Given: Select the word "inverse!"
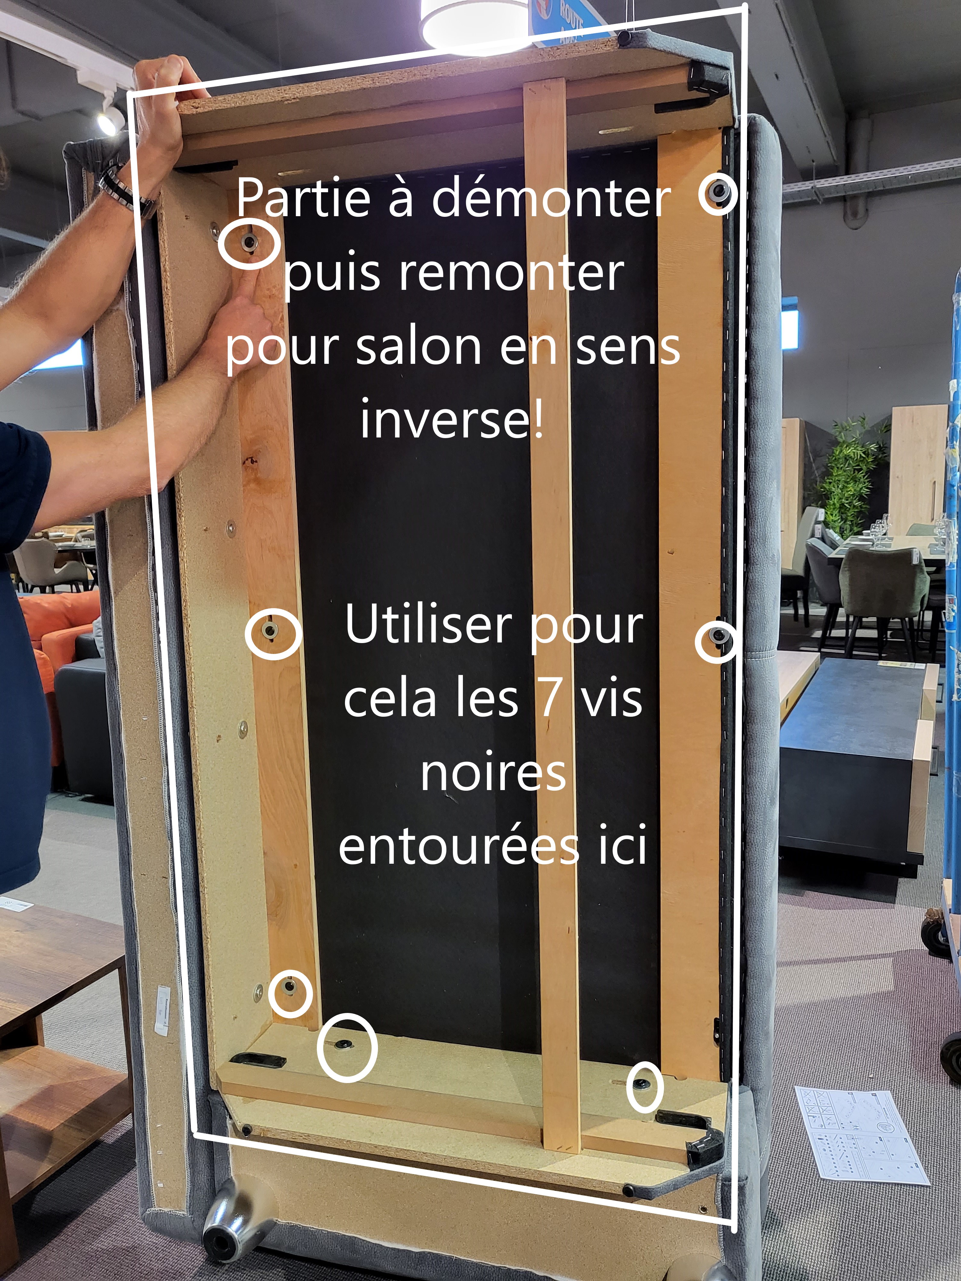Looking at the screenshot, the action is point(452,418).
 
